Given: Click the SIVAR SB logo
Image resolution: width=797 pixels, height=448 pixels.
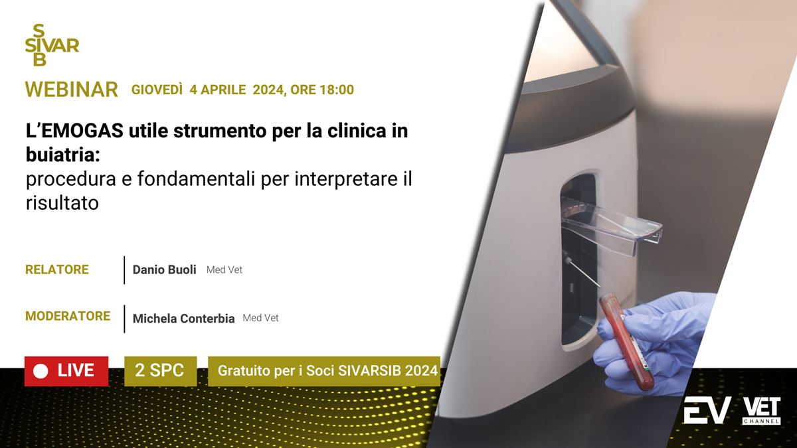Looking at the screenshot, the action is click(x=52, y=45).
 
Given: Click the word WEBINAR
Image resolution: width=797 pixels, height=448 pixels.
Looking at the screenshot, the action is click(x=72, y=89).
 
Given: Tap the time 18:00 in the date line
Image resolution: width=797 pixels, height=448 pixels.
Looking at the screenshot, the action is click(x=337, y=90).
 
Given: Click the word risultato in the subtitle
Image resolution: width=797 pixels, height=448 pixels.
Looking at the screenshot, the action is click(x=62, y=202).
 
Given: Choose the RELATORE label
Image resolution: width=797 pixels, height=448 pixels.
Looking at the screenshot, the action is click(x=57, y=269).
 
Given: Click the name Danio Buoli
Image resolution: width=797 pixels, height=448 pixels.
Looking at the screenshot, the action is click(x=165, y=270).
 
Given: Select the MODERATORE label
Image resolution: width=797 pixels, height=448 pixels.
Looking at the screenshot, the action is click(x=68, y=316).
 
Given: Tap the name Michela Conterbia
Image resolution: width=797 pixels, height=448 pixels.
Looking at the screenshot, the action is click(x=183, y=318).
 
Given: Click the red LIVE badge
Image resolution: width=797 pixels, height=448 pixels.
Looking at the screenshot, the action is click(x=66, y=371).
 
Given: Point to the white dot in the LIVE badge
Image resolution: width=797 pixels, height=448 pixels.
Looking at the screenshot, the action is click(x=41, y=372).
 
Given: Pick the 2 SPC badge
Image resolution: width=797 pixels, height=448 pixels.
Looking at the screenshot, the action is click(x=161, y=371).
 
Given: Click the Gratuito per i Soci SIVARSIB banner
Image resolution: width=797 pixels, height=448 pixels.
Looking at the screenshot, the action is click(x=324, y=371).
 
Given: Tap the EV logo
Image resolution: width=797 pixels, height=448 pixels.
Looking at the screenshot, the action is click(x=707, y=410).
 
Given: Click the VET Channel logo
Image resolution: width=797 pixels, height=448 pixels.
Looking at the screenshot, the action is click(x=761, y=411).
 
